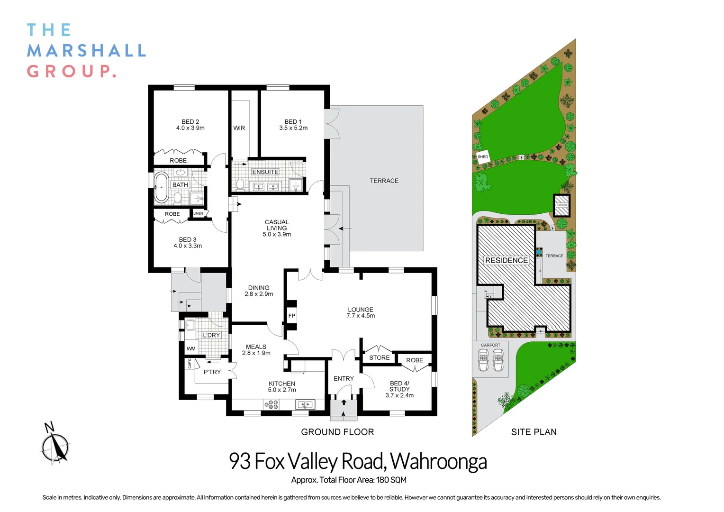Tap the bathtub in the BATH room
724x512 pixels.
pos(161,187)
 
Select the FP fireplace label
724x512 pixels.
pos(291,316)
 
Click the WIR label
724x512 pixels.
pos(239,128)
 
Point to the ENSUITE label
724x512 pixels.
pos(265,172)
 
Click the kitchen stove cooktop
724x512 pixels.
pos(271,404)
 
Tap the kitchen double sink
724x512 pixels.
pos(305,404)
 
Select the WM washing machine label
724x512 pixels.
pos(190,348)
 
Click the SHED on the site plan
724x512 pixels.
pos(482,157)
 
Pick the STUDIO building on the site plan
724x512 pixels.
pos(561,205)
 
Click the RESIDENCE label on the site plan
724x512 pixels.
pos(507,260)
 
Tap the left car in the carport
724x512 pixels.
pos(483,360)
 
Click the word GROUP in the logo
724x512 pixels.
pos(71,71)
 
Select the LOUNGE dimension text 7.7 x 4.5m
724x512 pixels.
pos(361,316)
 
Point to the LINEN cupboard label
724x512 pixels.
pos(198,213)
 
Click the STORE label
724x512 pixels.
pos(379,357)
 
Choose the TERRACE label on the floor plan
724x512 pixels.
pos(384,181)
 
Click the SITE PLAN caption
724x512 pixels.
pos(534,432)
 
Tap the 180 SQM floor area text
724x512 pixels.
pos(391,480)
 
